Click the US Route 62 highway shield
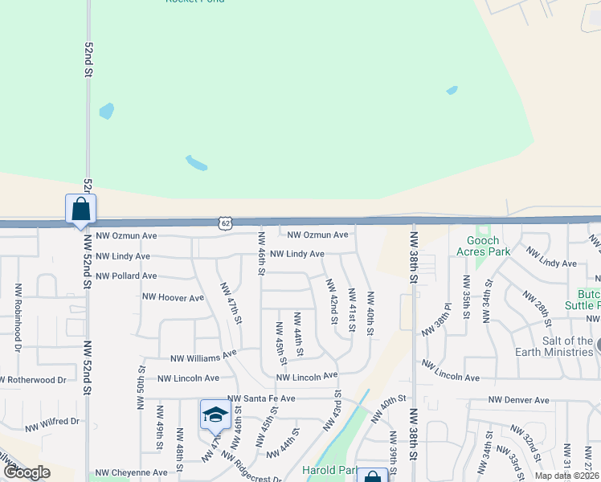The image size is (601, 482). (x=226, y=222)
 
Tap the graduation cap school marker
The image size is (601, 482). (x=215, y=415)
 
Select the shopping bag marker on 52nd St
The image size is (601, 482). (x=80, y=210)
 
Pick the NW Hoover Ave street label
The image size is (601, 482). (x=173, y=297)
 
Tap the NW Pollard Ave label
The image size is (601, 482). (x=126, y=276)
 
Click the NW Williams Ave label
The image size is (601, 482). (x=203, y=356)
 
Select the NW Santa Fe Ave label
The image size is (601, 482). (x=261, y=398)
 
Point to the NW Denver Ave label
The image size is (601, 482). (x=518, y=400)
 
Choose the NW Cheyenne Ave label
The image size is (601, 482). (x=127, y=473)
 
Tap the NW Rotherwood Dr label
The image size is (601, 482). (x=32, y=380)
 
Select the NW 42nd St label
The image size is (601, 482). (x=331, y=301)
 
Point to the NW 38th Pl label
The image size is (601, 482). (x=440, y=325)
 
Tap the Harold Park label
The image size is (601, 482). (x=328, y=470)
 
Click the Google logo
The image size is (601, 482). (x=27, y=472)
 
